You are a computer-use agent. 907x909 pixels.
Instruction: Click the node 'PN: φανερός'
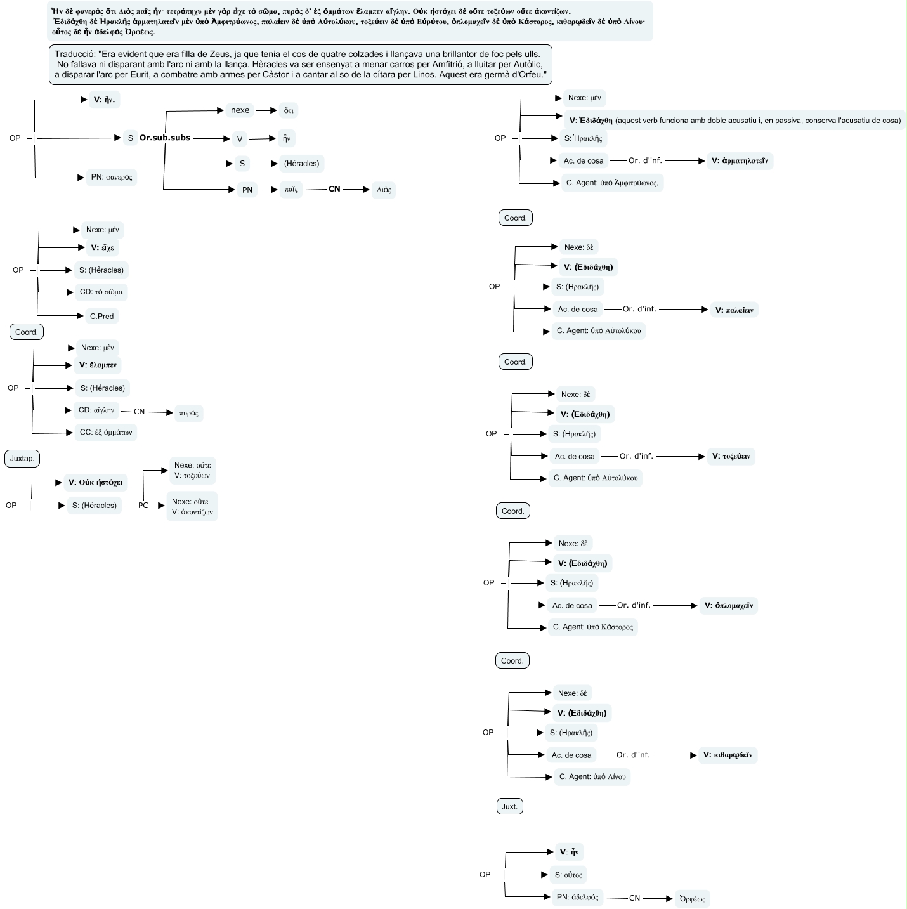(112, 177)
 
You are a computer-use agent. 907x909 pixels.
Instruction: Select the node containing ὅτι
(289, 110)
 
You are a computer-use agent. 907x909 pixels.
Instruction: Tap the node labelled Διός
(384, 190)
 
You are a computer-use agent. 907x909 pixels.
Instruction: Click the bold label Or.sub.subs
(165, 138)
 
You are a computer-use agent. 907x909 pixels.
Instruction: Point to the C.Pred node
(101, 316)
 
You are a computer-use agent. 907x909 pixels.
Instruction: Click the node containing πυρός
(188, 413)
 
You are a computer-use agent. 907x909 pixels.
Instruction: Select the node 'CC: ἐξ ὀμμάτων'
(106, 433)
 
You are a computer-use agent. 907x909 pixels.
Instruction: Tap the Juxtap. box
(22, 459)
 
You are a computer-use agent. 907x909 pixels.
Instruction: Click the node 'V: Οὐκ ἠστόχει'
(95, 482)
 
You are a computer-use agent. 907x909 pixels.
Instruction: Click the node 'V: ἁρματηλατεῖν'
(740, 161)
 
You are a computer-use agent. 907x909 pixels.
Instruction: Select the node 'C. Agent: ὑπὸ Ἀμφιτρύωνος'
(612, 183)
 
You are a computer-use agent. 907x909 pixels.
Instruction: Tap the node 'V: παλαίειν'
(734, 310)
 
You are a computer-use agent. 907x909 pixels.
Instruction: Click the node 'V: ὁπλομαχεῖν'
(728, 606)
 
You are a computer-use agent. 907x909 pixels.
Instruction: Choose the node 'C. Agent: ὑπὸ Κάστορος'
(592, 627)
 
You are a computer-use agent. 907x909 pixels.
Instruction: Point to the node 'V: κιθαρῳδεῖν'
(728, 755)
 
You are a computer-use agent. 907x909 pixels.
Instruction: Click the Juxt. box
(509, 807)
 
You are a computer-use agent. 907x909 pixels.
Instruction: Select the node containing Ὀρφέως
(692, 899)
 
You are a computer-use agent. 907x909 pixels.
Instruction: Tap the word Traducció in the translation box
(75, 55)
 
